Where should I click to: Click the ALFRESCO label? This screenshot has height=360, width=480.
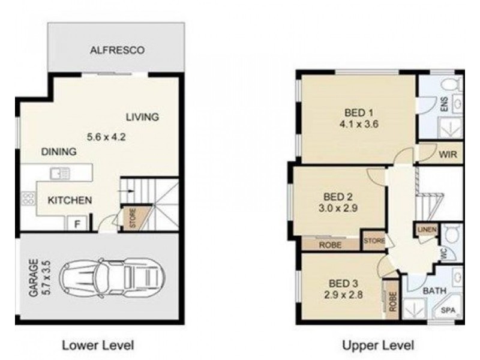[117, 50]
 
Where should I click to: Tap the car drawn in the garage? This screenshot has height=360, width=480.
[112, 278]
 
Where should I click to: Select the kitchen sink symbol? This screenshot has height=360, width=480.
[60, 173]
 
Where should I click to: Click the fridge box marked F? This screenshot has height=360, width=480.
[77, 223]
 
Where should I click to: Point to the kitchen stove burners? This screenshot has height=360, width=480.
[28, 198]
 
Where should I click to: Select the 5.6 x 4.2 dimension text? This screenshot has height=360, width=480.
[106, 137]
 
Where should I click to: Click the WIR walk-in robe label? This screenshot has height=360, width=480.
[448, 154]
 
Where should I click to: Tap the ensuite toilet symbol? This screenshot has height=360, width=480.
[452, 83]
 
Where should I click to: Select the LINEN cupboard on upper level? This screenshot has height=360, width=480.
[427, 229]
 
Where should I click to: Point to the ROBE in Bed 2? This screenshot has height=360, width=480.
[331, 245]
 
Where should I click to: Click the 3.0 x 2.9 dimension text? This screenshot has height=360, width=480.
[338, 208]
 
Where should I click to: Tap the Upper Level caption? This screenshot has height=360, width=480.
[378, 346]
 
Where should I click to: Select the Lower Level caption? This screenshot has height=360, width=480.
[98, 346]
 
